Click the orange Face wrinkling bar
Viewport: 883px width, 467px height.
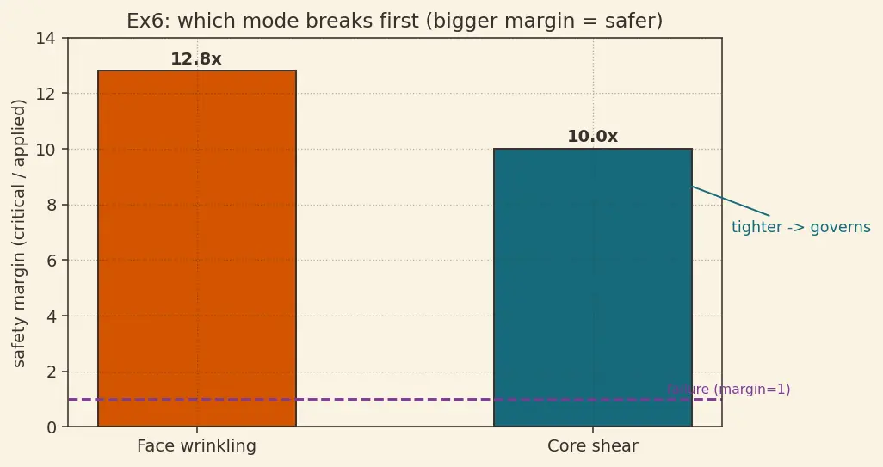(x=197, y=249)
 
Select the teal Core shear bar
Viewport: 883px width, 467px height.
(x=592, y=287)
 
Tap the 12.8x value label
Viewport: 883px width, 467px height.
(x=196, y=58)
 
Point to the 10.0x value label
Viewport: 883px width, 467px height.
(x=592, y=136)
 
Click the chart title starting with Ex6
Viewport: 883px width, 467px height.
(x=395, y=21)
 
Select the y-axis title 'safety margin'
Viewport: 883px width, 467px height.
(x=19, y=233)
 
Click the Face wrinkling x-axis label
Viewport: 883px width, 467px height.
(x=196, y=445)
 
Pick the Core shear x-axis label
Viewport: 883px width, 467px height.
(x=592, y=445)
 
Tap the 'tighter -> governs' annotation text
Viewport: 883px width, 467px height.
(x=800, y=227)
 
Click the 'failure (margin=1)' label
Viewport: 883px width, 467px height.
(x=729, y=390)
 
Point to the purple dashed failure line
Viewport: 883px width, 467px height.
(x=395, y=399)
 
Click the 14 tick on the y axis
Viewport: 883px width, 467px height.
(x=46, y=38)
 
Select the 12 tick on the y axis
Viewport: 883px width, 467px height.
(x=46, y=94)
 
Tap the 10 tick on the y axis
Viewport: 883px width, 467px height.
(x=46, y=149)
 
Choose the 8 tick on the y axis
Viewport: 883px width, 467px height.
(x=52, y=205)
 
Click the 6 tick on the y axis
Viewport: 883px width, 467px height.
(x=52, y=261)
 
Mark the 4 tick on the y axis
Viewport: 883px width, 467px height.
(x=52, y=316)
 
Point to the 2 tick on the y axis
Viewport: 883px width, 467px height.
(x=52, y=372)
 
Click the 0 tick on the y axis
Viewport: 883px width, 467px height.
(x=52, y=427)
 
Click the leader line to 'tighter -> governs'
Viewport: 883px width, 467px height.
(x=731, y=201)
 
